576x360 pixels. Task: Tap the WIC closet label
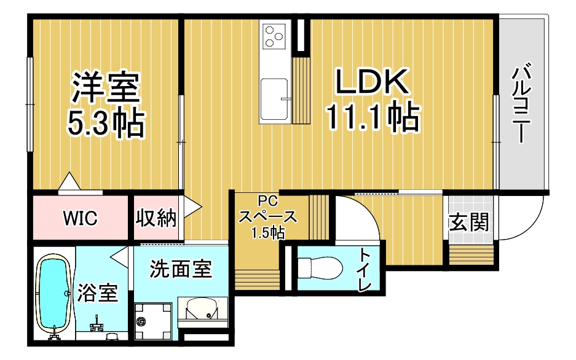click(x=80, y=218)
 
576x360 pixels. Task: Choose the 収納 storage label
click(x=156, y=217)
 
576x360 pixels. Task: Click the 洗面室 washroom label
click(x=181, y=268)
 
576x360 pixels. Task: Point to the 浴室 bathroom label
click(x=97, y=294)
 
